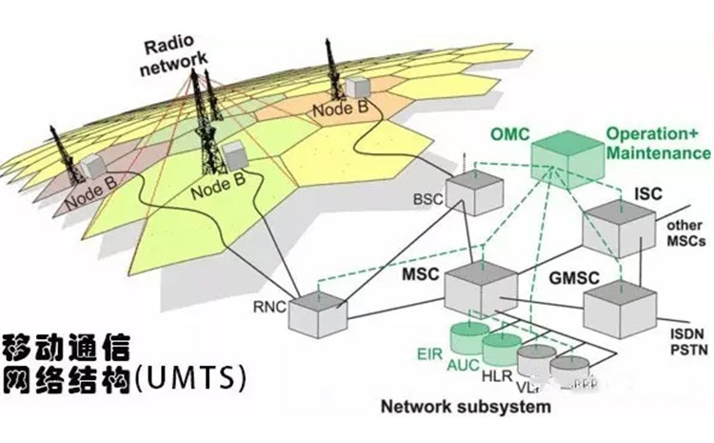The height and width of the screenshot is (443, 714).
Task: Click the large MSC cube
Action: (480, 286)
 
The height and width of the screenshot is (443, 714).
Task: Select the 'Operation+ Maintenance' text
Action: (658, 144)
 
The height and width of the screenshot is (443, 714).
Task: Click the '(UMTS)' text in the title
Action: (191, 377)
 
